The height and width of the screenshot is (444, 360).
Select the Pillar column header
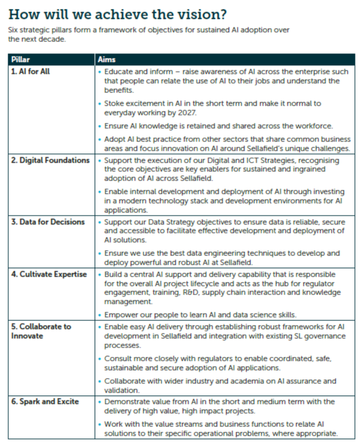(x=20, y=60)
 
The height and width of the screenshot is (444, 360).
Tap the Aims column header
(x=107, y=60)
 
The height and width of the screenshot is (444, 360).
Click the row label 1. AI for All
(x=31, y=71)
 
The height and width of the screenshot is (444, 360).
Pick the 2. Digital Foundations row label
(x=50, y=160)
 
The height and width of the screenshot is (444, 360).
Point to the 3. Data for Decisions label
(x=48, y=222)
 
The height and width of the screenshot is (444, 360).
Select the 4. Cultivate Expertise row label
(x=49, y=274)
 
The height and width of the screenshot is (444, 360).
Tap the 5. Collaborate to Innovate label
(x=41, y=331)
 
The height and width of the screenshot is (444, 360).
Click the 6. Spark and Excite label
(x=45, y=401)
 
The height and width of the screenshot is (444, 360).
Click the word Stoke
(x=115, y=104)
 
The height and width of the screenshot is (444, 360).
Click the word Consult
(x=118, y=358)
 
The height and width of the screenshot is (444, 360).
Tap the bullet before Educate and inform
(x=100, y=72)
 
